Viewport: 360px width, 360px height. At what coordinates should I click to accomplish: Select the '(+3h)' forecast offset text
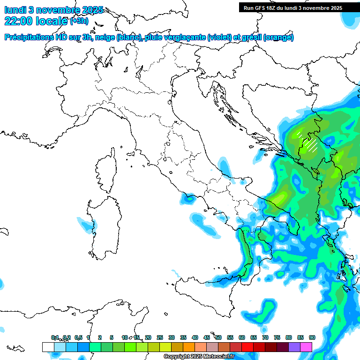(x=79, y=21)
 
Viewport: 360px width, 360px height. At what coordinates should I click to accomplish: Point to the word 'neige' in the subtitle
(x=105, y=37)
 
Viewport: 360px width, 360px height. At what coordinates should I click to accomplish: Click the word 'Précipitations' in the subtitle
(x=29, y=37)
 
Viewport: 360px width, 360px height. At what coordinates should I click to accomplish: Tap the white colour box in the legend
(x=48, y=347)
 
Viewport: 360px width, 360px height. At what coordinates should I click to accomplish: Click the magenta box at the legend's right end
(x=306, y=347)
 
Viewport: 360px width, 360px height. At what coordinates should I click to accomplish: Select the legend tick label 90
(x=312, y=337)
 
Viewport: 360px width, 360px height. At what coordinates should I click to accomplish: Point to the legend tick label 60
(x=242, y=337)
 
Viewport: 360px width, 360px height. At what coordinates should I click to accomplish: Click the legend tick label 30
(x=172, y=337)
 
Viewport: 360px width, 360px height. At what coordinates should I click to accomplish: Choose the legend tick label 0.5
(x=78, y=337)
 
